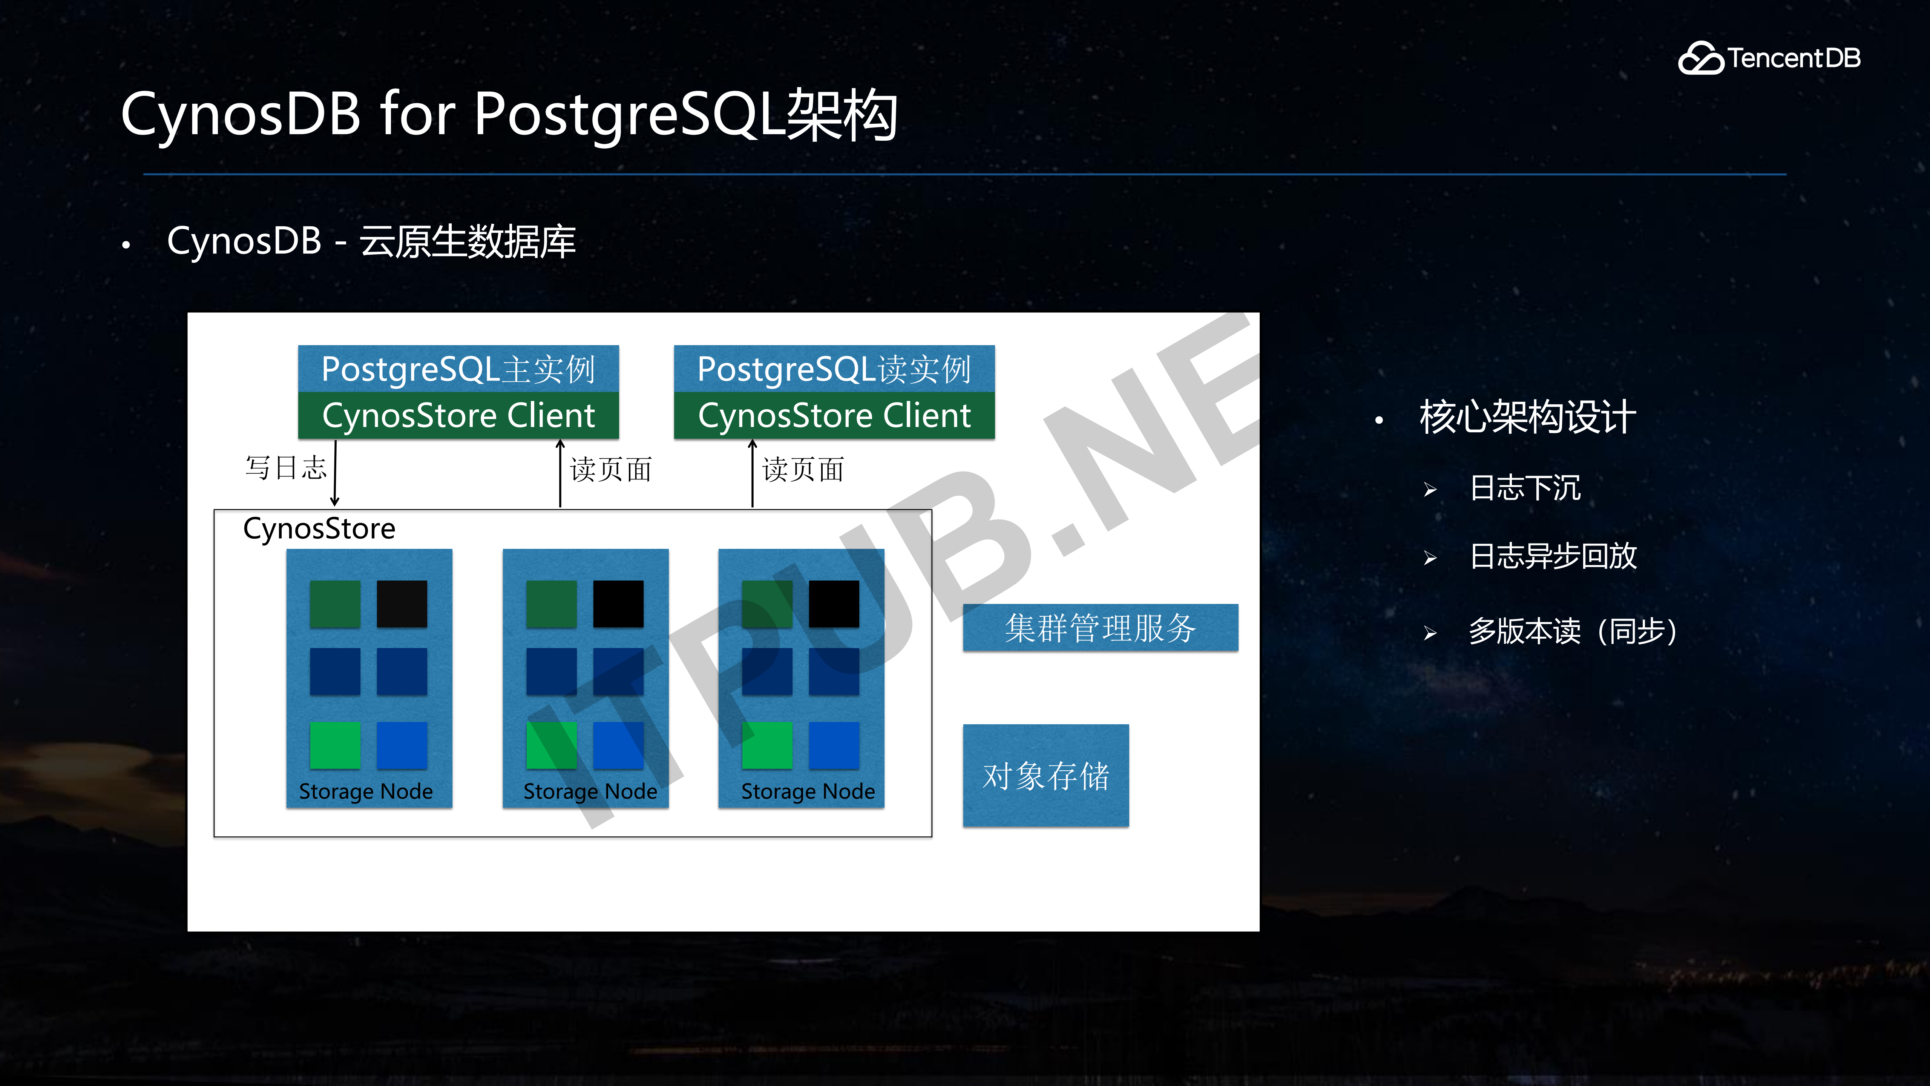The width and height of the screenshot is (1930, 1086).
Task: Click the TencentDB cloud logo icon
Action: tap(1701, 58)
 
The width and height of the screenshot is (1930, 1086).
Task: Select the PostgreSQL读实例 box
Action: tap(834, 369)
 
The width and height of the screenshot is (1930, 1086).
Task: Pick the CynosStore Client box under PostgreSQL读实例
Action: tap(834, 415)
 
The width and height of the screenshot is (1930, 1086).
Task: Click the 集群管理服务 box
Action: tap(1100, 627)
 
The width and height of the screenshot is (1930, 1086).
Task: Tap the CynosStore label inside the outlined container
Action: tap(319, 528)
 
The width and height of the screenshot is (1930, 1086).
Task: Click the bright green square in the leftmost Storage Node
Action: tap(335, 745)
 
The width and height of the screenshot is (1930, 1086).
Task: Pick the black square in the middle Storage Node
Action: tap(618, 603)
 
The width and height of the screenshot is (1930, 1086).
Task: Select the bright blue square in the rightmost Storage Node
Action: tap(834, 745)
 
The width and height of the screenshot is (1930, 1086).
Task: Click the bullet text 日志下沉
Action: tap(1525, 488)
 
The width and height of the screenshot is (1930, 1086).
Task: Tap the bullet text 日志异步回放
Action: tap(1553, 556)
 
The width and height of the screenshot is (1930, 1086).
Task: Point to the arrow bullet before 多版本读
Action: tap(1430, 633)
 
